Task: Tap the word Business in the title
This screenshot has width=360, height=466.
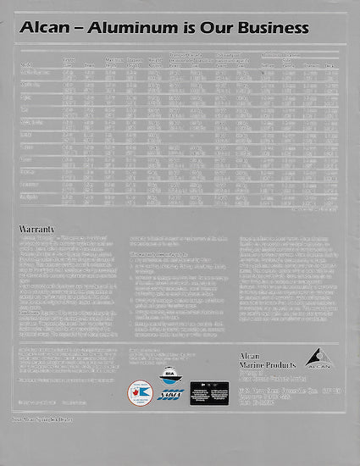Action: tap(269, 28)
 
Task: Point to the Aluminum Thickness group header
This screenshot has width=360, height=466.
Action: tap(292, 53)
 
